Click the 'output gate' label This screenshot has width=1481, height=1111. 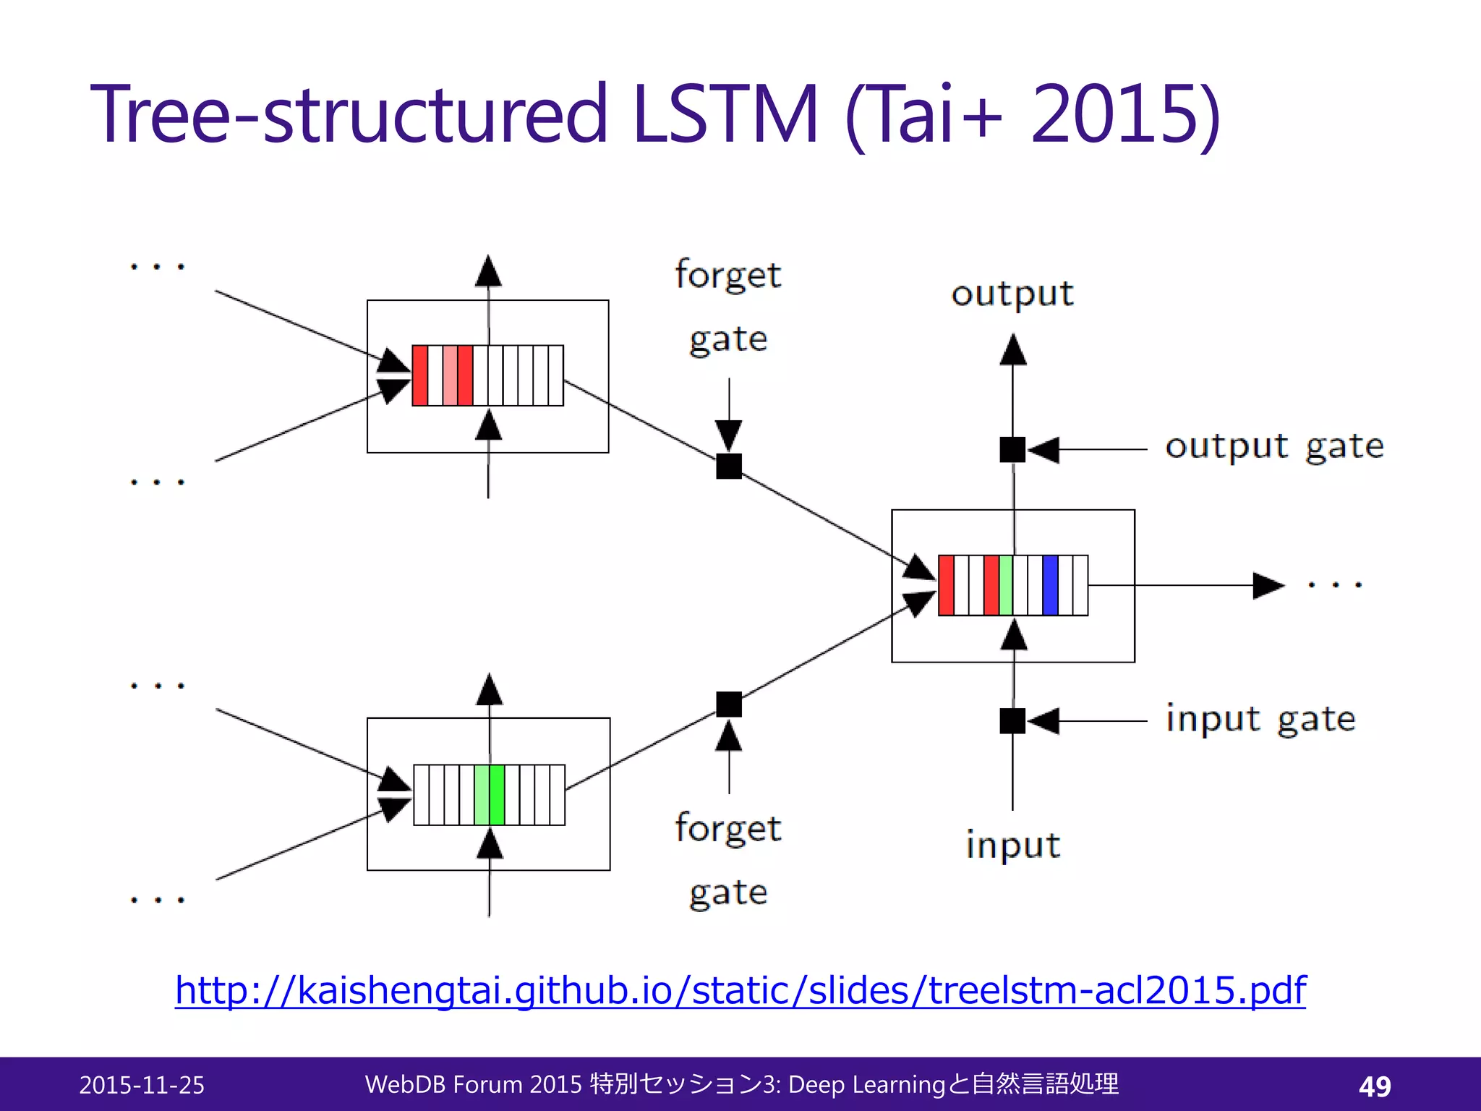click(1274, 447)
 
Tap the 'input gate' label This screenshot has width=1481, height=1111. click(1260, 720)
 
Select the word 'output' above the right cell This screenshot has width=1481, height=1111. click(1012, 294)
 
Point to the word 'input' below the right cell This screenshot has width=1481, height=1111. click(1012, 845)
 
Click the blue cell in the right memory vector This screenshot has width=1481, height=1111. click(1050, 585)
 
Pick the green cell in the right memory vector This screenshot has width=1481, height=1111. click(1005, 585)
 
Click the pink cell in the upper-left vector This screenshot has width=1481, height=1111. click(450, 375)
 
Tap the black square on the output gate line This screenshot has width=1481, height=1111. click(1012, 449)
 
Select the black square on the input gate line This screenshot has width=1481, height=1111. click(1012, 721)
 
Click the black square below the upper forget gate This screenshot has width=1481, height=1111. click(729, 466)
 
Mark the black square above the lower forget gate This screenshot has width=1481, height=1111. click(729, 704)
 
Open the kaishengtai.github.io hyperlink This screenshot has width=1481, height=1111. click(740, 990)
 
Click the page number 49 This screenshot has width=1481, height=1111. click(1375, 1086)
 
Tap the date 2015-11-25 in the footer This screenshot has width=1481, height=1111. click(142, 1085)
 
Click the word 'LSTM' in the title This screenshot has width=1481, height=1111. click(725, 114)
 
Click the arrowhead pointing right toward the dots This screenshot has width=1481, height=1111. click(1267, 585)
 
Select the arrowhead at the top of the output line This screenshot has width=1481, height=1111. click(1013, 349)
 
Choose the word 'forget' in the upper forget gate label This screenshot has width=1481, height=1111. click(727, 275)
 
